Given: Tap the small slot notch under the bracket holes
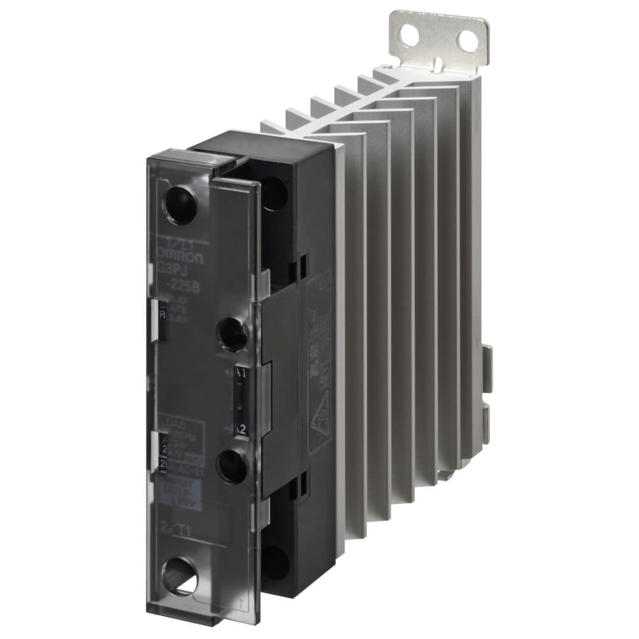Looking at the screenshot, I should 439,61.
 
